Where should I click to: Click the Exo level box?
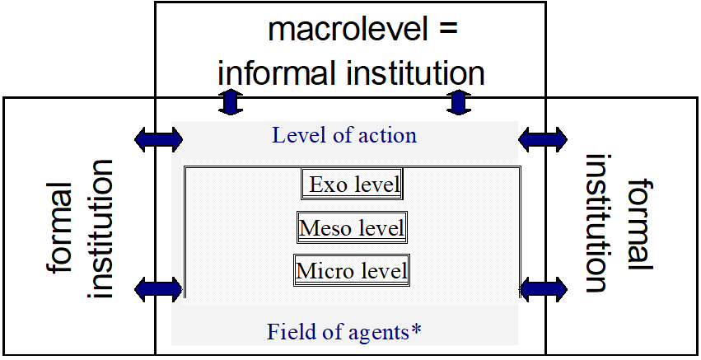pos(352,184)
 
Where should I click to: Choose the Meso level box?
pos(352,227)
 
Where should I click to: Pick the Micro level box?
pos(352,270)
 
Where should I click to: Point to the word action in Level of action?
pos(387,135)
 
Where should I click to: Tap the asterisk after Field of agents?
pos(415,330)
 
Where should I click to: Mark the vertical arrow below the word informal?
pos(231,102)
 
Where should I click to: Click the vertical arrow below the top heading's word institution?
pos(459,102)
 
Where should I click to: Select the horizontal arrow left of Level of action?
pos(159,139)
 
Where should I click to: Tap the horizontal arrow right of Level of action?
pos(543,139)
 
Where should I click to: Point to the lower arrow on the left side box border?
pos(159,289)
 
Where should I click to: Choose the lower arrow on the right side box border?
pos(544,289)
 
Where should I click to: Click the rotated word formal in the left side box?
pos(59,227)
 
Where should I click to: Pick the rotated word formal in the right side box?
pos(640,224)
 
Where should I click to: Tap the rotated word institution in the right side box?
pos(597,223)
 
